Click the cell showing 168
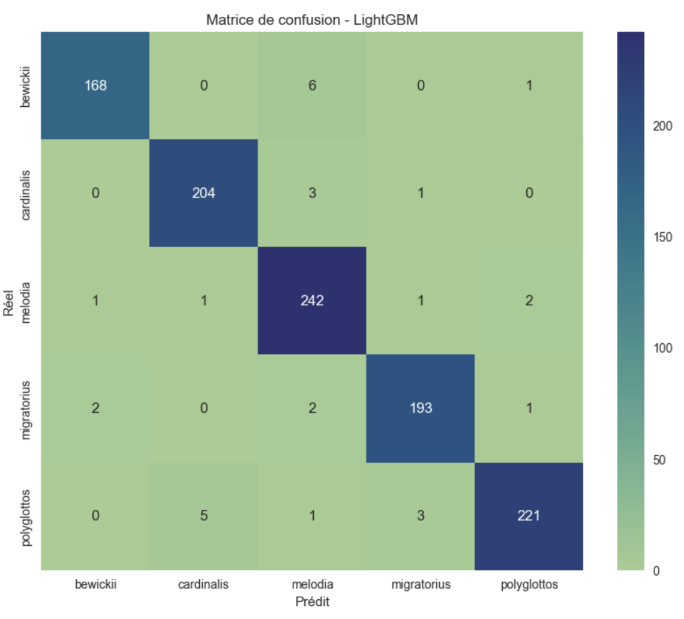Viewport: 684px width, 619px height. (x=95, y=85)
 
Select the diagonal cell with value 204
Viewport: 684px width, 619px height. (x=203, y=193)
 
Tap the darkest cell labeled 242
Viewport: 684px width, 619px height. (x=312, y=301)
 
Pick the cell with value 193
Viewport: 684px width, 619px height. (x=420, y=408)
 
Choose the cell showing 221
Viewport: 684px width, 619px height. (x=529, y=516)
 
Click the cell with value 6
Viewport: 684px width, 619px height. (x=312, y=85)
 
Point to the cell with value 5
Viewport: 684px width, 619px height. (x=203, y=516)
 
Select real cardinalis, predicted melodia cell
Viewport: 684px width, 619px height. (x=312, y=193)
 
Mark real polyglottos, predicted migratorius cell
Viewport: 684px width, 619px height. (x=420, y=516)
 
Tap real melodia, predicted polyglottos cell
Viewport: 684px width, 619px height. (x=529, y=301)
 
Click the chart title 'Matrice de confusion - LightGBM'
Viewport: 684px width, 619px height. (x=312, y=19)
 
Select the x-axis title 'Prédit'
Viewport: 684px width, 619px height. (x=312, y=601)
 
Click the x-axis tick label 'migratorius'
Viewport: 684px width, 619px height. (x=420, y=585)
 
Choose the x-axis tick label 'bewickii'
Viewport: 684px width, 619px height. (x=95, y=585)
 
